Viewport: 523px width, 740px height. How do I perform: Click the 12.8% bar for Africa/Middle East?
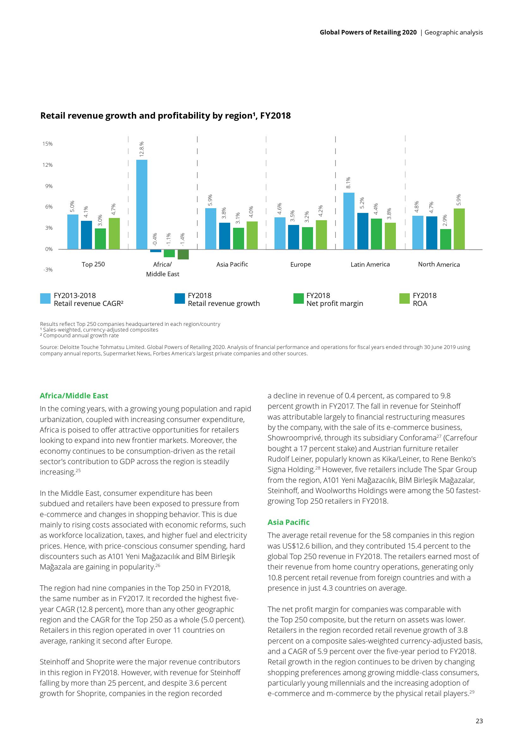pyautogui.click(x=142, y=204)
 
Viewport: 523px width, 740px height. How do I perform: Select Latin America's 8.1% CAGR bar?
pyautogui.click(x=349, y=221)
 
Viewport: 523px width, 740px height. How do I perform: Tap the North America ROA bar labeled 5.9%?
pyautogui.click(x=459, y=229)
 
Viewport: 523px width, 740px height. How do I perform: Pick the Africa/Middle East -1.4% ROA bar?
pyautogui.click(x=183, y=254)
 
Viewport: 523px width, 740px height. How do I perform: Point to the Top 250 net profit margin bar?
pyautogui.click(x=100, y=239)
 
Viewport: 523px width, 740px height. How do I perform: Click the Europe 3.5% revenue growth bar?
pyautogui.click(x=293, y=237)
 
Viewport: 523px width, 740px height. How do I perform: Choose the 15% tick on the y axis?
pyautogui.click(x=48, y=144)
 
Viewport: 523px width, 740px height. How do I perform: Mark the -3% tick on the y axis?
pyautogui.click(x=48, y=270)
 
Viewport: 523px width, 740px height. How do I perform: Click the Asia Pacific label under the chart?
pyautogui.click(x=232, y=264)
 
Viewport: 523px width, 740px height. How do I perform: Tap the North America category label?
pyautogui.click(x=439, y=264)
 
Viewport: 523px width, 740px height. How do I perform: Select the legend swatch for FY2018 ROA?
pyautogui.click(x=404, y=298)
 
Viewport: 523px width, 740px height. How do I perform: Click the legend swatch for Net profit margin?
pyautogui.click(x=298, y=298)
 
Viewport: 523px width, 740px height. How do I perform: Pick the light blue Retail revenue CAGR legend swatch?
pyautogui.click(x=46, y=298)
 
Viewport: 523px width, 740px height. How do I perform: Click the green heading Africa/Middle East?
pyautogui.click(x=74, y=396)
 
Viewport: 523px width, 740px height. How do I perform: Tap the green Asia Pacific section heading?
pyautogui.click(x=288, y=522)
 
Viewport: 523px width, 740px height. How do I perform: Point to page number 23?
pyautogui.click(x=479, y=721)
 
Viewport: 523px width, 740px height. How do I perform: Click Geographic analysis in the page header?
pyautogui.click(x=453, y=32)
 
